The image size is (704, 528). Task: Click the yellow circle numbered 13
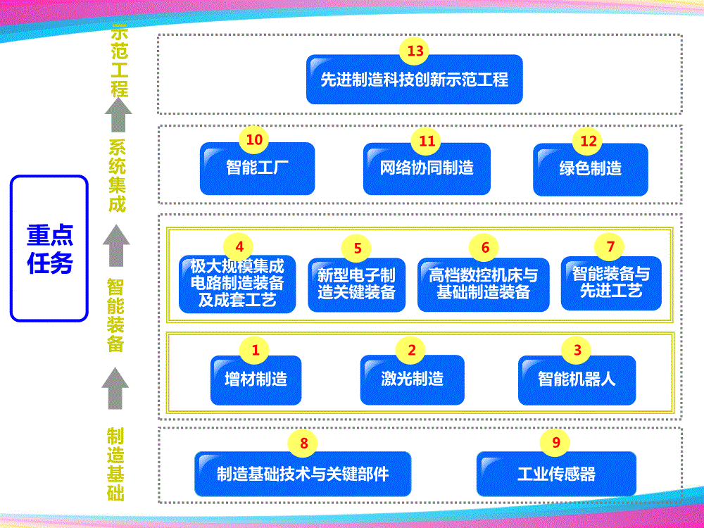click(x=415, y=51)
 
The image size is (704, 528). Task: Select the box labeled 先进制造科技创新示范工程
click(x=414, y=80)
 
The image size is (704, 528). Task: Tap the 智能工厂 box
click(x=257, y=169)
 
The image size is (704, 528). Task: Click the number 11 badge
click(x=427, y=141)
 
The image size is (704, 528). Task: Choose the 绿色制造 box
click(x=590, y=170)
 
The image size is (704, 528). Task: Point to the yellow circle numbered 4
click(x=239, y=246)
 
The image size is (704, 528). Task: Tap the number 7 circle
click(x=610, y=246)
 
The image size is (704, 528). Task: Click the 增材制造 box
click(x=256, y=379)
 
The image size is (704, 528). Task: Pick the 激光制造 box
click(x=412, y=379)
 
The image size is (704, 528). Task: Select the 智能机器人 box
click(x=577, y=379)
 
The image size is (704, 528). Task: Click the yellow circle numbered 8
click(x=304, y=443)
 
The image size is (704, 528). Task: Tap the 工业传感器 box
click(x=556, y=474)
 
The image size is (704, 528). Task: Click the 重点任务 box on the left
click(x=49, y=249)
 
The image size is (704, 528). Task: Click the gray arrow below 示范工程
click(x=118, y=115)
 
